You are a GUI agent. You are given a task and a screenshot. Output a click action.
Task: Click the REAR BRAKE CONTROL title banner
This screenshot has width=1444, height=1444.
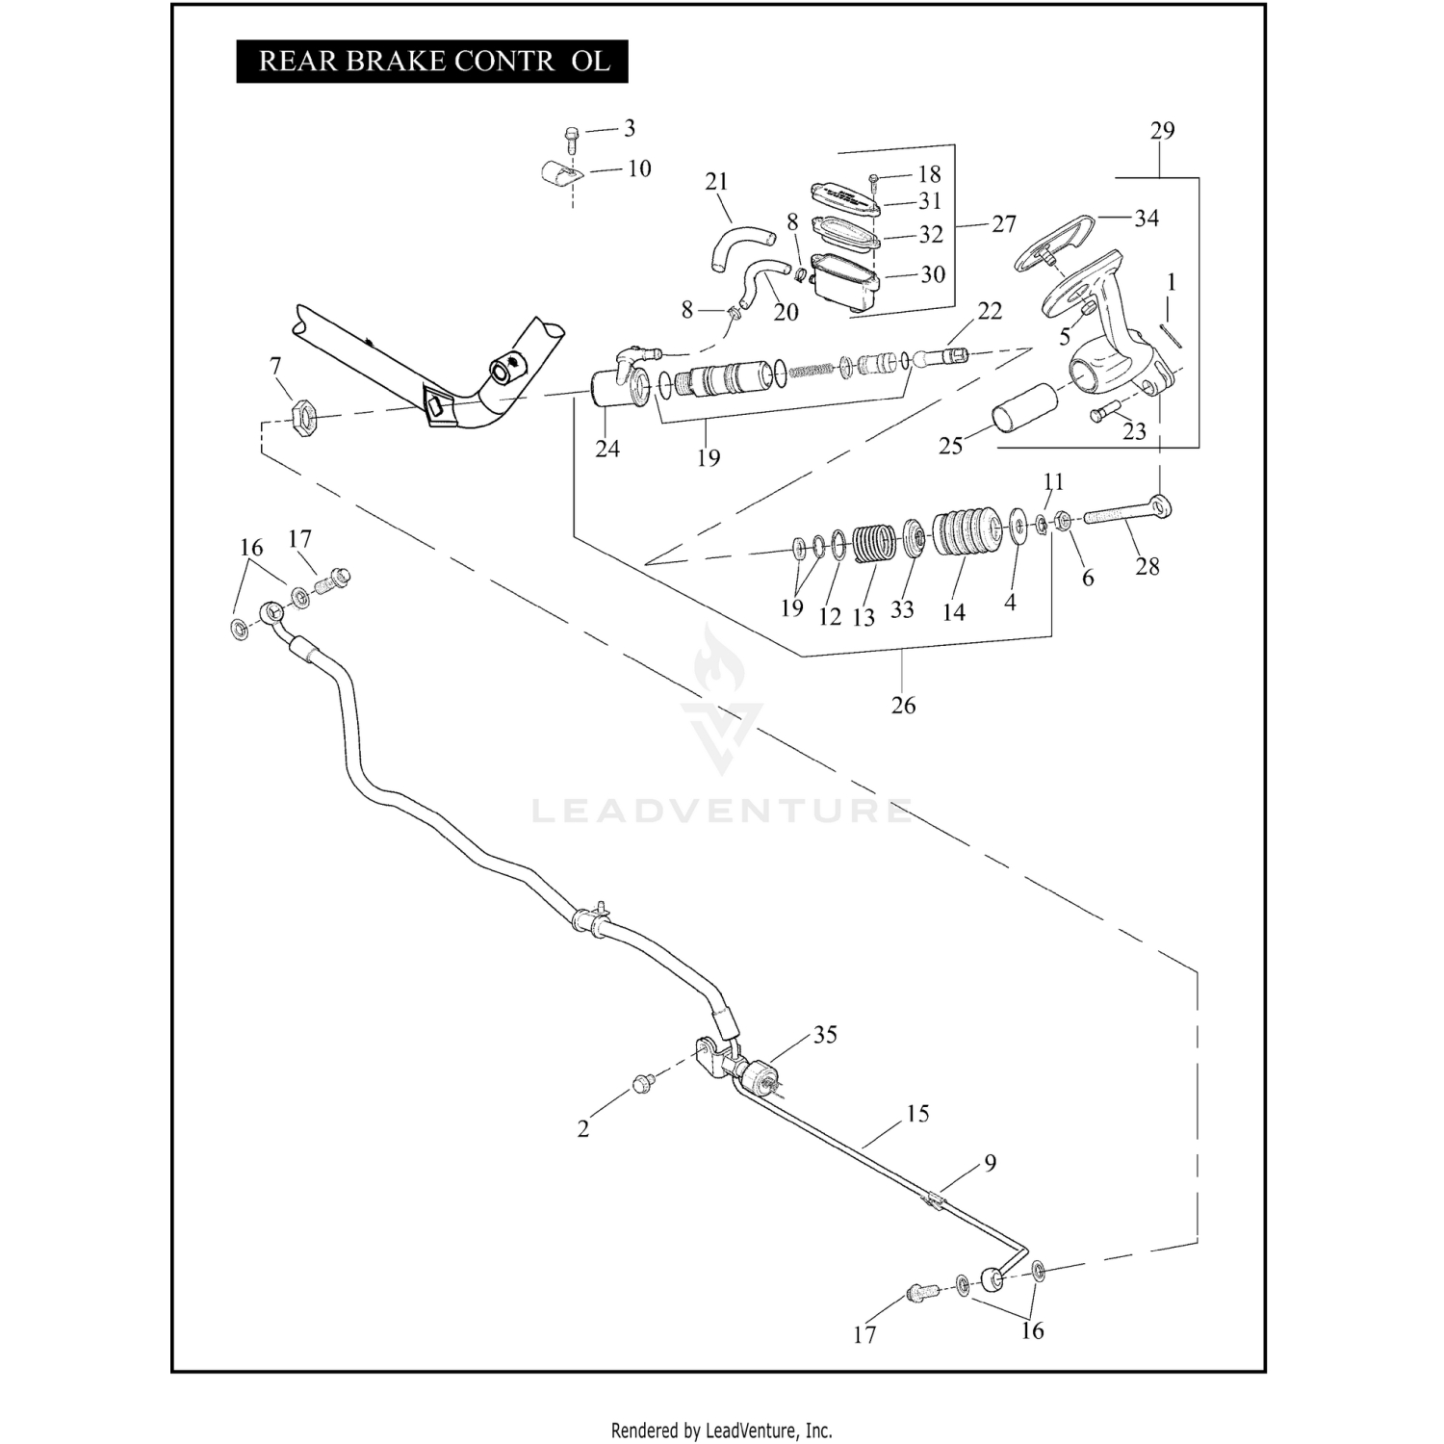(x=432, y=61)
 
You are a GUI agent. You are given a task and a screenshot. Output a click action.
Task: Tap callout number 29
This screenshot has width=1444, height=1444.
(x=1162, y=130)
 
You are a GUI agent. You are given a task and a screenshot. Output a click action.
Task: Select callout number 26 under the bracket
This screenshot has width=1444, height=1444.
(x=903, y=705)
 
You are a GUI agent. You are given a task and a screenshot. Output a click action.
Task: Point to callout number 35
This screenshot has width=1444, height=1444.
(x=825, y=1035)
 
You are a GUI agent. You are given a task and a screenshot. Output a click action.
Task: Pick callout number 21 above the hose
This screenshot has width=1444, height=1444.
(x=716, y=181)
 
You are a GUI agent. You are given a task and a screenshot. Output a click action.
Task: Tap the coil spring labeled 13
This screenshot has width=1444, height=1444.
(x=874, y=550)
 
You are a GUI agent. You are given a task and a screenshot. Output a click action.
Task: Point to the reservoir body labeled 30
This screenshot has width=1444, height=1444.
(x=844, y=280)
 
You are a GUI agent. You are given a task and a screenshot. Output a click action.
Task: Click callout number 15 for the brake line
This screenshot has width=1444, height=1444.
(x=917, y=1114)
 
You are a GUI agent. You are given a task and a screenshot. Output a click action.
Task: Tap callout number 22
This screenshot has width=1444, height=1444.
(x=990, y=311)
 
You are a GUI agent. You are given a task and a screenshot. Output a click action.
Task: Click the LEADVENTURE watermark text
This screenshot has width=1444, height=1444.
(x=722, y=812)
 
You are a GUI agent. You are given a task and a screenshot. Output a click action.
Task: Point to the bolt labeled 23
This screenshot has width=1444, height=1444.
(x=1104, y=409)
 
